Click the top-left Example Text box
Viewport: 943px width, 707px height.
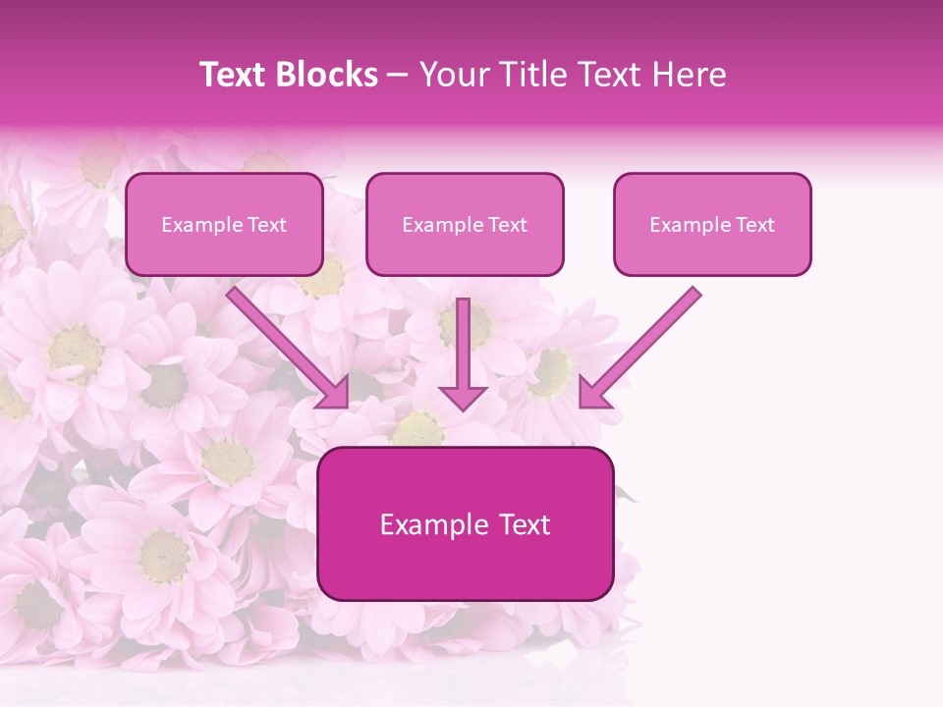pyautogui.click(x=224, y=225)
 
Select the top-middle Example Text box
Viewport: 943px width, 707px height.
pyautogui.click(x=465, y=225)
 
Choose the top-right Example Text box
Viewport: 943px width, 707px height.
pyautogui.click(x=712, y=225)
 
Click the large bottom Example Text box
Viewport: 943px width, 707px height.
pyautogui.click(x=465, y=524)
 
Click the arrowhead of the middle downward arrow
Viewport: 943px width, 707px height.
pyautogui.click(x=463, y=397)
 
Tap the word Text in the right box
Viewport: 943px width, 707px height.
pyautogui.click(x=755, y=225)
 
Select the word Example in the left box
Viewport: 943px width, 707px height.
pyautogui.click(x=195, y=225)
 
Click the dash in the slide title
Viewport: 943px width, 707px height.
pyautogui.click(x=399, y=76)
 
